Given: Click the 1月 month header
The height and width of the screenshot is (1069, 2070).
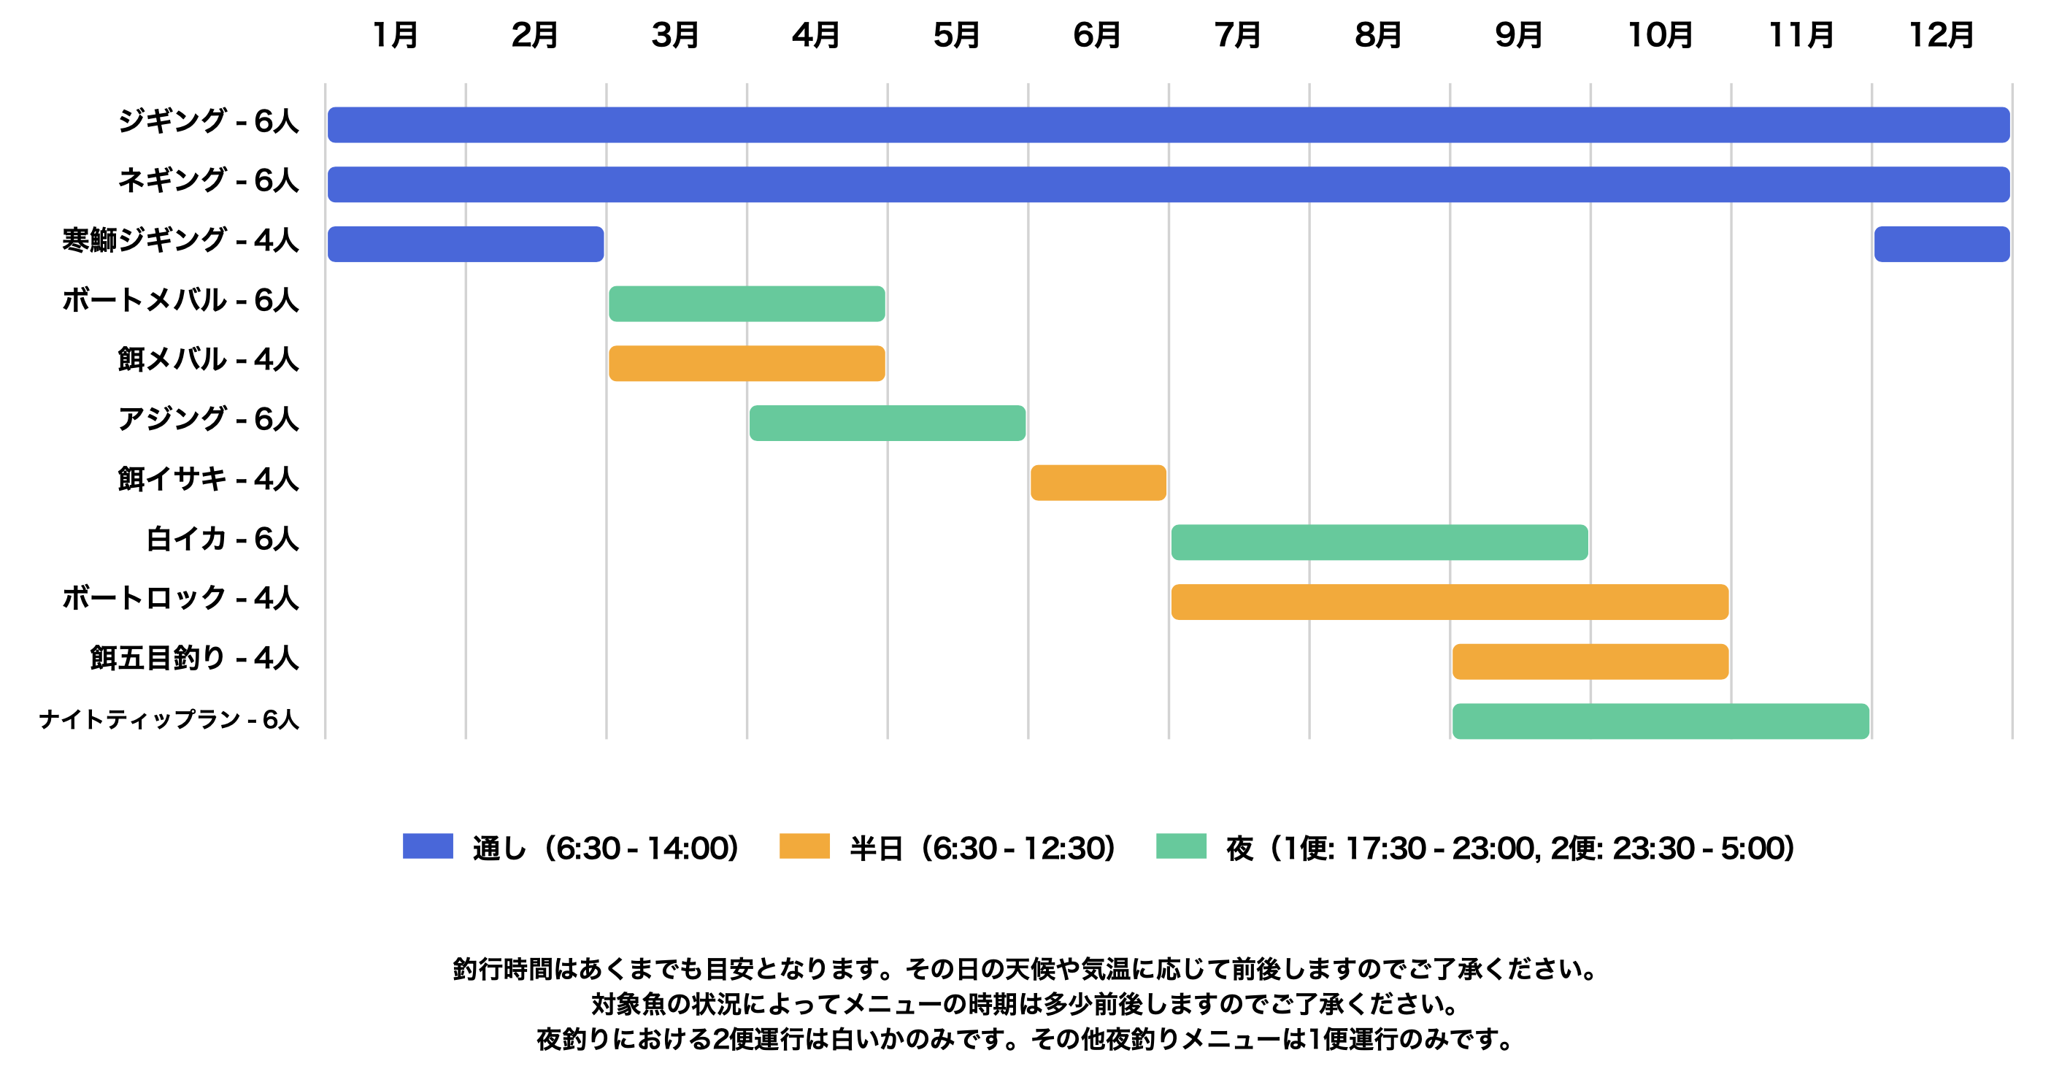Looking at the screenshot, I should coord(396,35).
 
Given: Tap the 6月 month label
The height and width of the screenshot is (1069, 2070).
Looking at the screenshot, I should coord(1097,35).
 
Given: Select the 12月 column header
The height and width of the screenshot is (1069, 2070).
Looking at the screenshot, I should coord(1942,35).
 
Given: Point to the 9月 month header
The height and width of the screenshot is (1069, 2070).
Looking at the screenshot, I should coord(1519,35).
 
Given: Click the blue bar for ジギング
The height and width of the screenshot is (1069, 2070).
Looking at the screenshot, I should coord(1169,125).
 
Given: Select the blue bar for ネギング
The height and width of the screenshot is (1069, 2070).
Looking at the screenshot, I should coord(1169,184).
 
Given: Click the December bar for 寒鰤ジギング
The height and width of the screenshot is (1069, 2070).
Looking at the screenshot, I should coord(1942,245).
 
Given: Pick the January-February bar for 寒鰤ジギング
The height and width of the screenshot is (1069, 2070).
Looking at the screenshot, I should coord(465,245).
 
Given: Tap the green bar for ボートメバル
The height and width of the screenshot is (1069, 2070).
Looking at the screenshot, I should coord(747,304).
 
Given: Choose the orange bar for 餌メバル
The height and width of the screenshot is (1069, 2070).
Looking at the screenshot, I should coord(747,364).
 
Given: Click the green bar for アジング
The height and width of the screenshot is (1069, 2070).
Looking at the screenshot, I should coord(887,423).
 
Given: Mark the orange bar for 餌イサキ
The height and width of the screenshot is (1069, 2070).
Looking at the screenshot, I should coord(1098,482).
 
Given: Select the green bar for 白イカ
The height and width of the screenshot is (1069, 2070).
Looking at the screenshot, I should coord(1379,543).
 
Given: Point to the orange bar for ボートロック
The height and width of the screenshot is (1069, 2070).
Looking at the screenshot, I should coord(1450,602).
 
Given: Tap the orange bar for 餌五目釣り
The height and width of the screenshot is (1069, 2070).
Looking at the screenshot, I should coord(1590,662).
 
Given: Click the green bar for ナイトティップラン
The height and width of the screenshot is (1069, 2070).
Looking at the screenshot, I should coord(1661,721).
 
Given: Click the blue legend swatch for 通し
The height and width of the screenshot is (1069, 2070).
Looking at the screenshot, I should coord(428,846).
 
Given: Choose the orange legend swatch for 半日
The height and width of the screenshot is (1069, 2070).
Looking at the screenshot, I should coord(804,846).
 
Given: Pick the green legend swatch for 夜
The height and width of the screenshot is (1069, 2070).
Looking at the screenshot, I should coord(1180,846).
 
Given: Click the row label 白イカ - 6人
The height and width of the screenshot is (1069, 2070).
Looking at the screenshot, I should coord(223,539).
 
